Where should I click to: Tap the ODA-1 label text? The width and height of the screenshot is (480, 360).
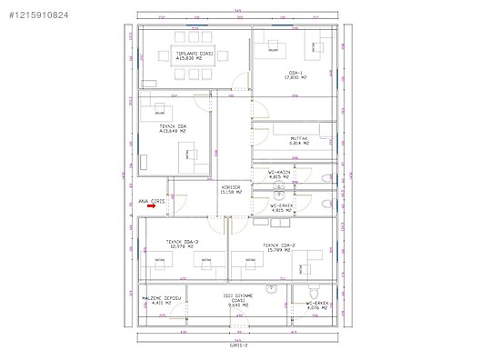(295, 72)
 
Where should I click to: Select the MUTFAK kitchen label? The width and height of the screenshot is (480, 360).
(298, 138)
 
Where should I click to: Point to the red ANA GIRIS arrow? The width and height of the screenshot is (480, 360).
(151, 206)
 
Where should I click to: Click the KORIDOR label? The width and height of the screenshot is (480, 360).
(231, 187)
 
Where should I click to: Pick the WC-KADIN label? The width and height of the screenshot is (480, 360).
(278, 171)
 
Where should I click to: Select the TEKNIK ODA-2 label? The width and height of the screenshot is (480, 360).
(277, 245)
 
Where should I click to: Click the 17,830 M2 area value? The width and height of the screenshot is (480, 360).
(295, 77)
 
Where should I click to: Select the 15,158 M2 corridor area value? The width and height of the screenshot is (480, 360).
(231, 193)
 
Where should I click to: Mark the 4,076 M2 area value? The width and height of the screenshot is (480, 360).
(316, 307)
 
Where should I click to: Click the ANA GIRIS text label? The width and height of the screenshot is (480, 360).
(149, 199)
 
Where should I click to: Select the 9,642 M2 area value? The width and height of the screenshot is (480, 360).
(238, 307)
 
